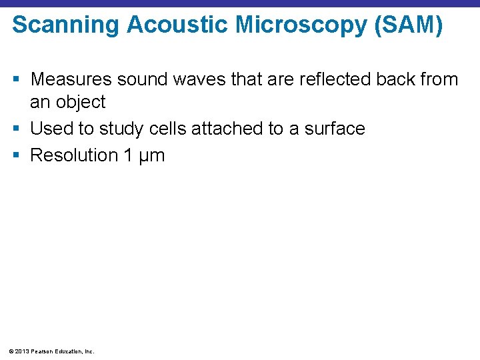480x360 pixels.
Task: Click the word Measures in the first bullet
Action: (x=71, y=79)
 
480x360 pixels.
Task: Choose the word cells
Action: (x=167, y=128)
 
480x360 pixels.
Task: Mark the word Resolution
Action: (x=74, y=155)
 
